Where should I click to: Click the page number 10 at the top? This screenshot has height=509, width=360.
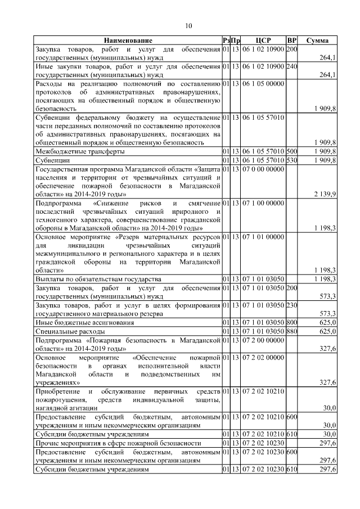[x=188, y=25]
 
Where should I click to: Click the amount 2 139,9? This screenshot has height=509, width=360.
[x=325, y=194]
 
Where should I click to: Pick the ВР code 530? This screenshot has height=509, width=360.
[x=291, y=160]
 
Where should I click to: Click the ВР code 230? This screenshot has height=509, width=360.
[x=291, y=305]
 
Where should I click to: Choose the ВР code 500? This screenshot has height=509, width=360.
[x=291, y=152]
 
